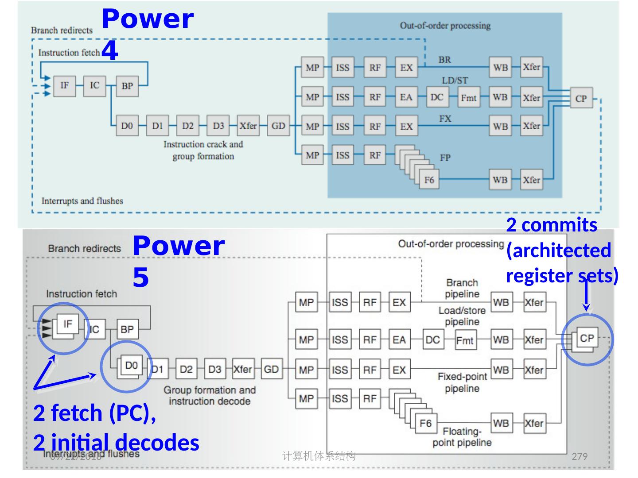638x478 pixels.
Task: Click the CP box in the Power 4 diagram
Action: pos(581,98)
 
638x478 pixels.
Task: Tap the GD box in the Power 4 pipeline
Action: pos(278,126)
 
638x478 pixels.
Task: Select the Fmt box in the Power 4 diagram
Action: pos(468,97)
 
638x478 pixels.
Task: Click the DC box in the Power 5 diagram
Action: pos(432,340)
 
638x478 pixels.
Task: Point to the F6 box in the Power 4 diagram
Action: pos(429,180)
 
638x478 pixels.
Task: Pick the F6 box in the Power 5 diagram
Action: pos(425,423)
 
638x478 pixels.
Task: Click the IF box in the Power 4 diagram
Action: pos(65,85)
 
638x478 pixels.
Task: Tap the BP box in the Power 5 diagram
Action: pos(127,329)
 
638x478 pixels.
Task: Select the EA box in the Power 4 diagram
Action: pos(406,97)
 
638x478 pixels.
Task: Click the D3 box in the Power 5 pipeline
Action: pos(215,369)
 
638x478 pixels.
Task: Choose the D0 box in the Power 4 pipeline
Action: pos(127,126)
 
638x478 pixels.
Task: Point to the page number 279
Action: pos(580,456)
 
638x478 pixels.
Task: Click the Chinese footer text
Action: pos(319,456)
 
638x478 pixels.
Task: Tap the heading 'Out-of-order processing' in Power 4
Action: pos(445,25)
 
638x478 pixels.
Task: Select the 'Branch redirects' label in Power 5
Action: pos(84,248)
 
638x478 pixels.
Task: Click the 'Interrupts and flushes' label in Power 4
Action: pos(82,201)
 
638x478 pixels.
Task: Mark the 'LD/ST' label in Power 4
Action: pos(455,81)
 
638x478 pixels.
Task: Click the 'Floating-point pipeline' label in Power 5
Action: pos(462,437)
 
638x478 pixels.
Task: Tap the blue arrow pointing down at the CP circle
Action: pos(586,297)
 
